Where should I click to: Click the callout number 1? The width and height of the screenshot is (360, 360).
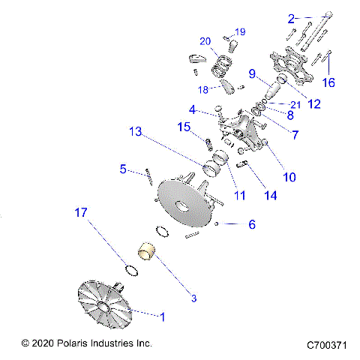(161, 316)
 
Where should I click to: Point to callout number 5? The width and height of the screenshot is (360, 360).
(123, 169)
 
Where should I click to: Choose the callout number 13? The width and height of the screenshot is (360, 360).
(135, 131)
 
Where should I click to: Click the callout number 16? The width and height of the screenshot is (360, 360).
(329, 82)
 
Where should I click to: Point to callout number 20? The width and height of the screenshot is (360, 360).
(205, 40)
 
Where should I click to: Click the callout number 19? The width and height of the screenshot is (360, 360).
(240, 31)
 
